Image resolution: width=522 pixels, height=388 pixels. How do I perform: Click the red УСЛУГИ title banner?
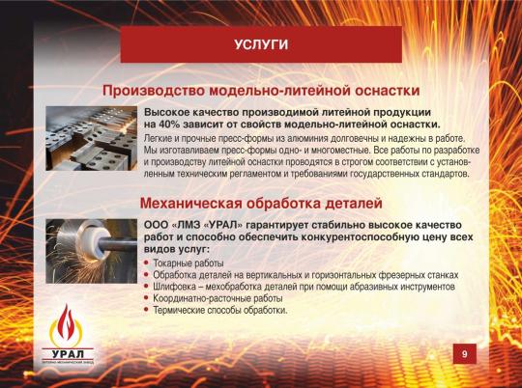261,44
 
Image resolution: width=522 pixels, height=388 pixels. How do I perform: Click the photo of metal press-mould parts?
91,139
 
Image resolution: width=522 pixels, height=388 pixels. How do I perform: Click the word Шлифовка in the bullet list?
176,287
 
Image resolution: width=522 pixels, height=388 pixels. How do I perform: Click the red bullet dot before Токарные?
146,263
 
